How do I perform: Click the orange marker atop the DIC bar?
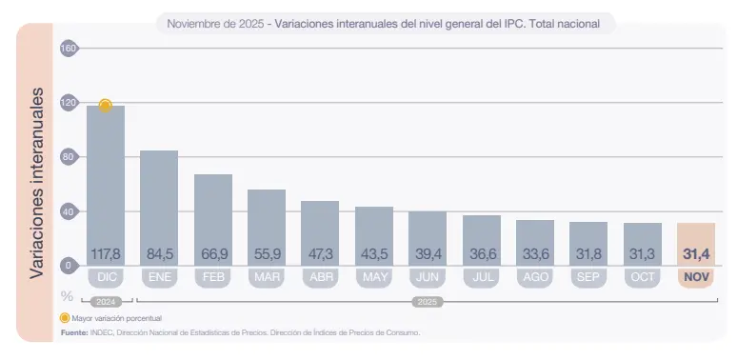click(106, 105)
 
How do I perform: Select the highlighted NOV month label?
click(696, 277)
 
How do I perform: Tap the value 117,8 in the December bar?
click(106, 254)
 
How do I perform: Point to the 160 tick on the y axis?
click(69, 49)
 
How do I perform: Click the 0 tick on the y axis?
click(69, 266)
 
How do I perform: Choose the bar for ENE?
click(159, 205)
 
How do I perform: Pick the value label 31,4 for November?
click(696, 254)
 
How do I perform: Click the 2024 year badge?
click(106, 301)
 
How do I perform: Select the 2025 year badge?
click(428, 301)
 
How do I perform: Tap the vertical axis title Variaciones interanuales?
click(36, 183)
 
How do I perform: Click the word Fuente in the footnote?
click(74, 332)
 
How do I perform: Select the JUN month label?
click(428, 277)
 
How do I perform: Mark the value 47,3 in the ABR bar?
click(320, 254)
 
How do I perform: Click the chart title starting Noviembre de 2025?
click(384, 24)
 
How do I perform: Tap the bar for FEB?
click(213, 214)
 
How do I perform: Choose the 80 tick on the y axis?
click(69, 157)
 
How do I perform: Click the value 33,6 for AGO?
click(535, 254)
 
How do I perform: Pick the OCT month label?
click(643, 277)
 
